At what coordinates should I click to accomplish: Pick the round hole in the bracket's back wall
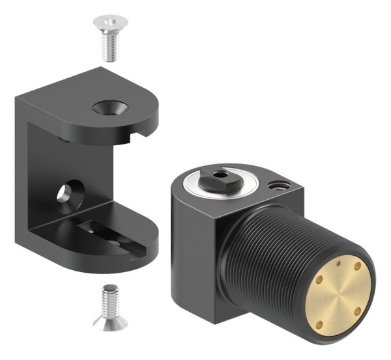point(67,194)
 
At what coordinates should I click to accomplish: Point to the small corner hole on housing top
point(276,186)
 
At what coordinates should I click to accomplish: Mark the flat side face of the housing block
point(195,260)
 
